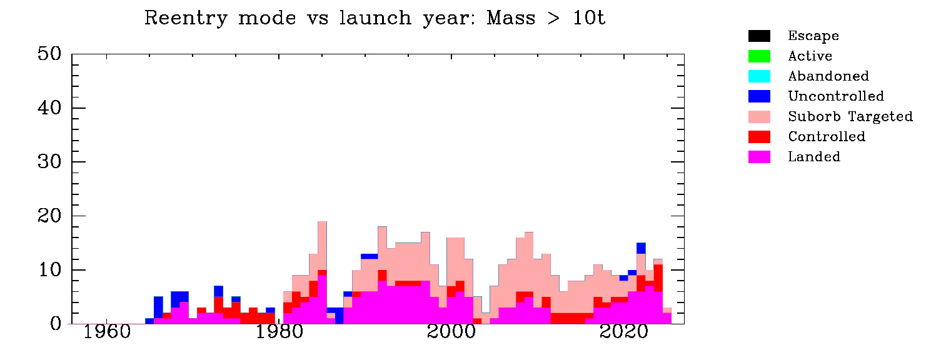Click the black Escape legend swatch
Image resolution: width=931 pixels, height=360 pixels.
tap(759, 36)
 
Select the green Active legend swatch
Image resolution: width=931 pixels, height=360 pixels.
tap(759, 56)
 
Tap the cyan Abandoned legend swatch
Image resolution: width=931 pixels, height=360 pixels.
tap(759, 76)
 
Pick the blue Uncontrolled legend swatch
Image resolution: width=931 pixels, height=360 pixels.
tap(759, 96)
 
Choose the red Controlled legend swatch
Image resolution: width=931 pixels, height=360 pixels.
tap(759, 137)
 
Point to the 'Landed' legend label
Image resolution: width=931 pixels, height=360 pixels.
tap(814, 156)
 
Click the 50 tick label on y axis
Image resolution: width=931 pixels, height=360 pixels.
tap(49, 54)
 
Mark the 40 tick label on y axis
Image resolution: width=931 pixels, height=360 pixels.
tap(49, 108)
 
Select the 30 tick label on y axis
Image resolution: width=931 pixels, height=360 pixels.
tap(49, 162)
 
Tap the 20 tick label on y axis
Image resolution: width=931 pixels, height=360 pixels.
tap(49, 216)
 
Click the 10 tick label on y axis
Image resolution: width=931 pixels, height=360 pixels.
tap(50, 270)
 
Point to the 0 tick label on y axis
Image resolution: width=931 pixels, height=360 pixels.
tap(55, 324)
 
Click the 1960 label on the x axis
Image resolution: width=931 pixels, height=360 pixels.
tap(107, 332)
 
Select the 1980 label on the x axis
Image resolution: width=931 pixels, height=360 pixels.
tap(279, 332)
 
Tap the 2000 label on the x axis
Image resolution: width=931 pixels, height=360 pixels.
tap(451, 332)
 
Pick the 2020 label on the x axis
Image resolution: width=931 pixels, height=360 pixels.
tap(623, 332)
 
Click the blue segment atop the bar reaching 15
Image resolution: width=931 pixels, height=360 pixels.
tap(641, 248)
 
